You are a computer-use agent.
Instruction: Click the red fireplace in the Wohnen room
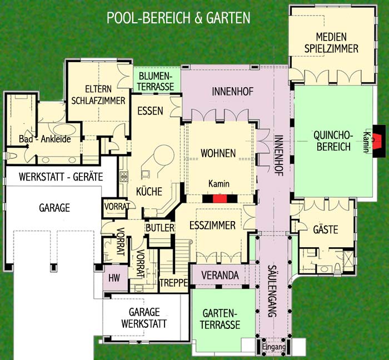[220, 199]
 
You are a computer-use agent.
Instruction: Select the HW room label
[114, 278]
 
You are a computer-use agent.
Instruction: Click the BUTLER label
[160, 228]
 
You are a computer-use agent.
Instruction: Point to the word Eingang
[273, 347]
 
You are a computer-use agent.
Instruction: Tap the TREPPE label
[173, 283]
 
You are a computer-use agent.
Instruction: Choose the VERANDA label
[220, 275]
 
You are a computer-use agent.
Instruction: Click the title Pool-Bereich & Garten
[178, 18]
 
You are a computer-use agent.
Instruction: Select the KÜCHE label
[149, 191]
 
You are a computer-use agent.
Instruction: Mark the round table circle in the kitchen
[163, 154]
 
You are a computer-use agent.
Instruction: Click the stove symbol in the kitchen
[123, 177]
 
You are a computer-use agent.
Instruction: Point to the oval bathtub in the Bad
[64, 129]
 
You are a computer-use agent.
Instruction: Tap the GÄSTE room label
[326, 229]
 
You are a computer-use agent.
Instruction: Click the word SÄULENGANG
[272, 291]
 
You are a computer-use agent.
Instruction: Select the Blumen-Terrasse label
[155, 81]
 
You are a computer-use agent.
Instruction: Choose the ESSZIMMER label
[212, 226]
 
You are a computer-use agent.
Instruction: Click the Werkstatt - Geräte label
[61, 177]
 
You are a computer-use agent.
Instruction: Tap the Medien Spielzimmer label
[331, 43]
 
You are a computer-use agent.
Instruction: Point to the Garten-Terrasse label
[220, 319]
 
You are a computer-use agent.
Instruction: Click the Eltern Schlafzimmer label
[98, 95]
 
